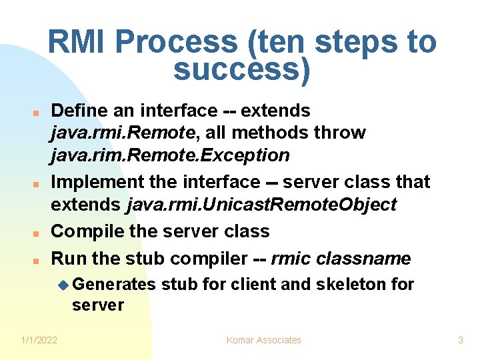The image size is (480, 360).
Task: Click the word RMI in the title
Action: tap(78, 43)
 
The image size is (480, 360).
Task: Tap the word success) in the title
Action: tap(242, 69)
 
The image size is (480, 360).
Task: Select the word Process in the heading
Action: tap(177, 43)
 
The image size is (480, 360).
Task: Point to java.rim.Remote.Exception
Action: tap(170, 155)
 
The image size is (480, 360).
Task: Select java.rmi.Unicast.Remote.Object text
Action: tap(261, 204)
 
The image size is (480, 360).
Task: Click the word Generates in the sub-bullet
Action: tap(113, 285)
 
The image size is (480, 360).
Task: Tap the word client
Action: tap(253, 285)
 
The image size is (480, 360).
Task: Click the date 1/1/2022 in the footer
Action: tap(39, 340)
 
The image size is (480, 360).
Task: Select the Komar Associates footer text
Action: tap(264, 340)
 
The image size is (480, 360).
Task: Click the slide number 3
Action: tap(460, 340)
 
